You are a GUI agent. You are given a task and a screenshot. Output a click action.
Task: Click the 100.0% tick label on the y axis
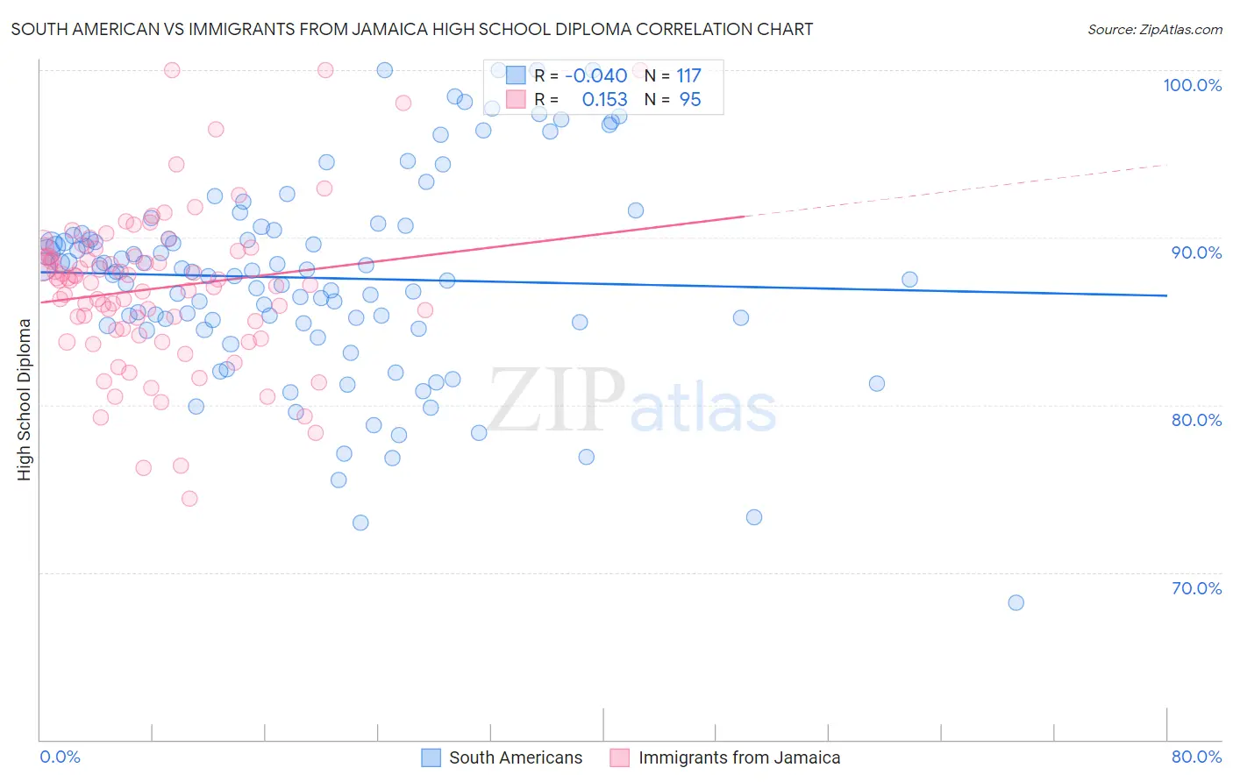(1192, 85)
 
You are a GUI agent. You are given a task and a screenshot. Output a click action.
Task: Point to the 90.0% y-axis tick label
(1196, 252)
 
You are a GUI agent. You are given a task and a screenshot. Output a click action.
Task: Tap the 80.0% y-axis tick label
(1196, 420)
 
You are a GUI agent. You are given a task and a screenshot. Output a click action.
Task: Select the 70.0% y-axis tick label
(1196, 588)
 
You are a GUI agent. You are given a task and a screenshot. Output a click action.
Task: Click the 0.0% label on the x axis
(60, 757)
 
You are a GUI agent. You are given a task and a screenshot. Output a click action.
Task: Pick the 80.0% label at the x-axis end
(1196, 757)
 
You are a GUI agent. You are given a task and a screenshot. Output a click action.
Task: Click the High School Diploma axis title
(24, 399)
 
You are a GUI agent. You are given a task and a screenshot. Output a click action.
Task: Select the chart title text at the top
(411, 29)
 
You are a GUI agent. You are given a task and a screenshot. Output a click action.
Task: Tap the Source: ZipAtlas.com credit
(1154, 29)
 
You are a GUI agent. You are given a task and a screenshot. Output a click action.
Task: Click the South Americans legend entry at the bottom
(515, 757)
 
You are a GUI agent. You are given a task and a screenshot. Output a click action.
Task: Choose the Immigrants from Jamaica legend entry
(738, 757)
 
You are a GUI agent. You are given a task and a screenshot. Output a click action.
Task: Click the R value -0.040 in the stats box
(595, 75)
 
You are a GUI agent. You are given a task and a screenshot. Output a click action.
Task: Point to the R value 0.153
(604, 100)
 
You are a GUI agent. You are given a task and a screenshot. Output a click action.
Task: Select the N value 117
(688, 75)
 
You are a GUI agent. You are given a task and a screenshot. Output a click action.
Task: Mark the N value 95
(690, 100)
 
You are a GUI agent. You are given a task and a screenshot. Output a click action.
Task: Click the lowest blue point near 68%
(1016, 602)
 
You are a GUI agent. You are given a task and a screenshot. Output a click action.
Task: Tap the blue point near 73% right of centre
(753, 517)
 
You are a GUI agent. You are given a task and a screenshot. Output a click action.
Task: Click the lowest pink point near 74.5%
(189, 499)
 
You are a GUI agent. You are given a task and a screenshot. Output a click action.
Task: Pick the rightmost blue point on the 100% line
(593, 70)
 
